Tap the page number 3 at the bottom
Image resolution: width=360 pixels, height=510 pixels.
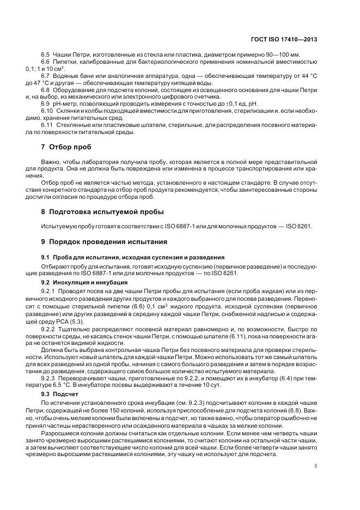(x=316, y=465)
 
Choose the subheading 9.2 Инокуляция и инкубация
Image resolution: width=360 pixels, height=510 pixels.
(x=84, y=283)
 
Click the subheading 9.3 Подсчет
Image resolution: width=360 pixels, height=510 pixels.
(x=64, y=393)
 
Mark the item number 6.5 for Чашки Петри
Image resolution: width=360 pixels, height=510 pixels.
(x=45, y=56)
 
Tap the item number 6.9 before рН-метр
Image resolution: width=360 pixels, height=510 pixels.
(x=45, y=103)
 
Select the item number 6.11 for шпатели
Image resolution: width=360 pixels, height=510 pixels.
(x=47, y=125)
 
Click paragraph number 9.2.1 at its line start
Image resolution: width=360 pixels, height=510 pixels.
(x=48, y=292)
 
